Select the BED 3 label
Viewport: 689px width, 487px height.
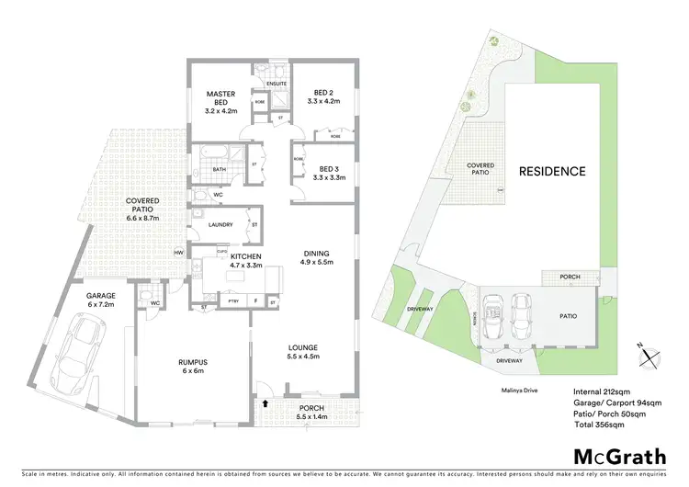pos(327,175)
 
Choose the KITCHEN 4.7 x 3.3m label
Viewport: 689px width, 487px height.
pos(245,260)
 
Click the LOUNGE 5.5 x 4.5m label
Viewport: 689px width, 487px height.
pos(302,351)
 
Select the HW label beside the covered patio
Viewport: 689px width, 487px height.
pos(178,253)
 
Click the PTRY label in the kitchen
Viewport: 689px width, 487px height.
pos(232,300)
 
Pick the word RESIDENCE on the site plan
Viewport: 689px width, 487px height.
pos(551,171)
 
